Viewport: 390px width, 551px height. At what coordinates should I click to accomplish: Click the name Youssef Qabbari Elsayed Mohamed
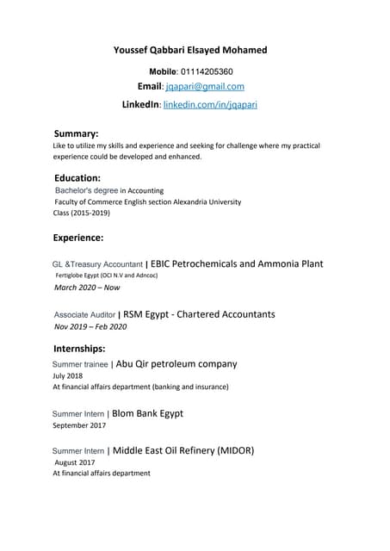(190, 50)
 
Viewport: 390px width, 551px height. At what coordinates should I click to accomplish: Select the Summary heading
(76, 133)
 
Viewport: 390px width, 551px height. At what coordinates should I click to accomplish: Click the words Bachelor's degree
(86, 190)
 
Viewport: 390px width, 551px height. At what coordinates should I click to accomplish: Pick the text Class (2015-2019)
(81, 213)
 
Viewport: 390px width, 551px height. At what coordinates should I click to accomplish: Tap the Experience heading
(78, 237)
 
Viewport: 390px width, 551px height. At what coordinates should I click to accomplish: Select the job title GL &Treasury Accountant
(97, 264)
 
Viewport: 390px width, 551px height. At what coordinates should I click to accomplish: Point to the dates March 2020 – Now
(87, 288)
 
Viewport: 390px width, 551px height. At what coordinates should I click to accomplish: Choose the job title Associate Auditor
(84, 315)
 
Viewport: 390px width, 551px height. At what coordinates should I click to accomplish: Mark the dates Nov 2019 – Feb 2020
(90, 327)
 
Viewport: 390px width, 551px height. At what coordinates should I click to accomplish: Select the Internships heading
(79, 349)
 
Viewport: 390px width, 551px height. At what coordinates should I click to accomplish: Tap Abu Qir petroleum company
(176, 363)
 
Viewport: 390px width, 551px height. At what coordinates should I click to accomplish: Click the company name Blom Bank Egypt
(147, 413)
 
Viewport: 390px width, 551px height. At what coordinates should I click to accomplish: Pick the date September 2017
(79, 425)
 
